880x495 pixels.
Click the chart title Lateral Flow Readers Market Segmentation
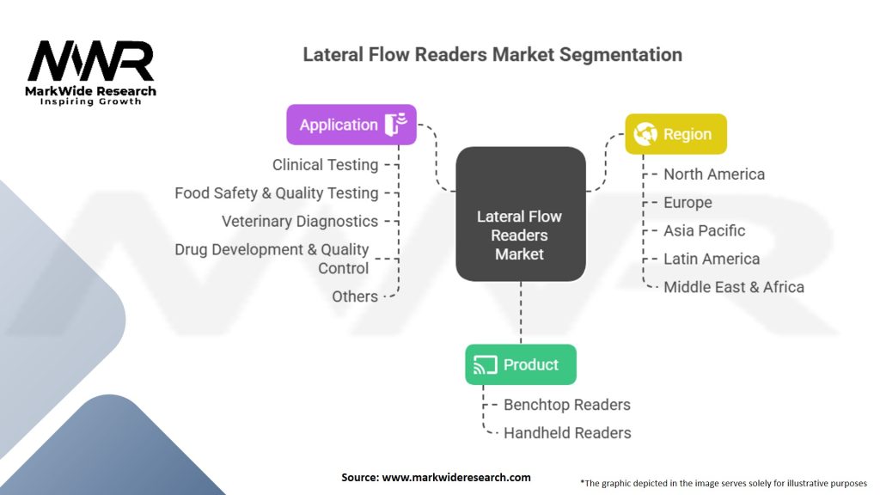492,55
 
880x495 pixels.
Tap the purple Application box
351,125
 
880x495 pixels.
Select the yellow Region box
675,134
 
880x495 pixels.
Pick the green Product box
520,364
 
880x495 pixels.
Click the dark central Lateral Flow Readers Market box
520,215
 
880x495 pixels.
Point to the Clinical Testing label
325,165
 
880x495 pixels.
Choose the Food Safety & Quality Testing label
276,193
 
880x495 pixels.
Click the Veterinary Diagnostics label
299,221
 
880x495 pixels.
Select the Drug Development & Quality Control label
272,259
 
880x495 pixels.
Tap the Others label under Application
355,296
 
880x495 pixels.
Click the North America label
713,174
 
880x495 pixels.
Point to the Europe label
687,203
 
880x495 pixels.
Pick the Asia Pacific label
704,231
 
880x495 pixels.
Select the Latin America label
712,259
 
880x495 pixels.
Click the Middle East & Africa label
733,287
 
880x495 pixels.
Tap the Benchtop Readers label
566,405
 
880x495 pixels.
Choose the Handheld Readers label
567,433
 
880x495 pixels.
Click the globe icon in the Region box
645,134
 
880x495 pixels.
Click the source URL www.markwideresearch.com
456,477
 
